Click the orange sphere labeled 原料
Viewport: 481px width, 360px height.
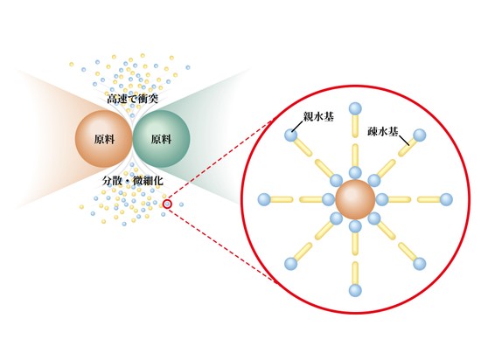(103, 139)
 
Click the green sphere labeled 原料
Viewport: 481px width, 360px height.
(162, 139)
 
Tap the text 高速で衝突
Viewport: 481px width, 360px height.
(132, 99)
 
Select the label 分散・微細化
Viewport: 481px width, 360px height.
(133, 181)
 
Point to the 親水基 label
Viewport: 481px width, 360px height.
(318, 116)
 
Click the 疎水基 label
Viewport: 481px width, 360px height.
(383, 132)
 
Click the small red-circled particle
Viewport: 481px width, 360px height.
(167, 204)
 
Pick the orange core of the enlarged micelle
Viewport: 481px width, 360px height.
(355, 199)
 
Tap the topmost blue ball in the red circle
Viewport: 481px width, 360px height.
(355, 108)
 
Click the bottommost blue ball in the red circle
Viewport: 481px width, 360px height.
(355, 290)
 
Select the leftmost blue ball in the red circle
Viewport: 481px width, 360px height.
(264, 199)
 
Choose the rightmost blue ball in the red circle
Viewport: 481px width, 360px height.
(446, 199)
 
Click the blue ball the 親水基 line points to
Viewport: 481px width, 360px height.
(291, 135)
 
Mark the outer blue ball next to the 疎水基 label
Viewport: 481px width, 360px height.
(420, 135)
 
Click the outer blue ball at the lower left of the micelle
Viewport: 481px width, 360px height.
(291, 264)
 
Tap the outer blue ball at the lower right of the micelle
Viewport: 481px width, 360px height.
(420, 264)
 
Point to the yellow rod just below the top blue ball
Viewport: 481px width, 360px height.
(355, 126)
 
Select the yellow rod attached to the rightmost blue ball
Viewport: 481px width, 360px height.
(429, 200)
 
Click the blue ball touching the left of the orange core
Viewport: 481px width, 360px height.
(329, 199)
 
